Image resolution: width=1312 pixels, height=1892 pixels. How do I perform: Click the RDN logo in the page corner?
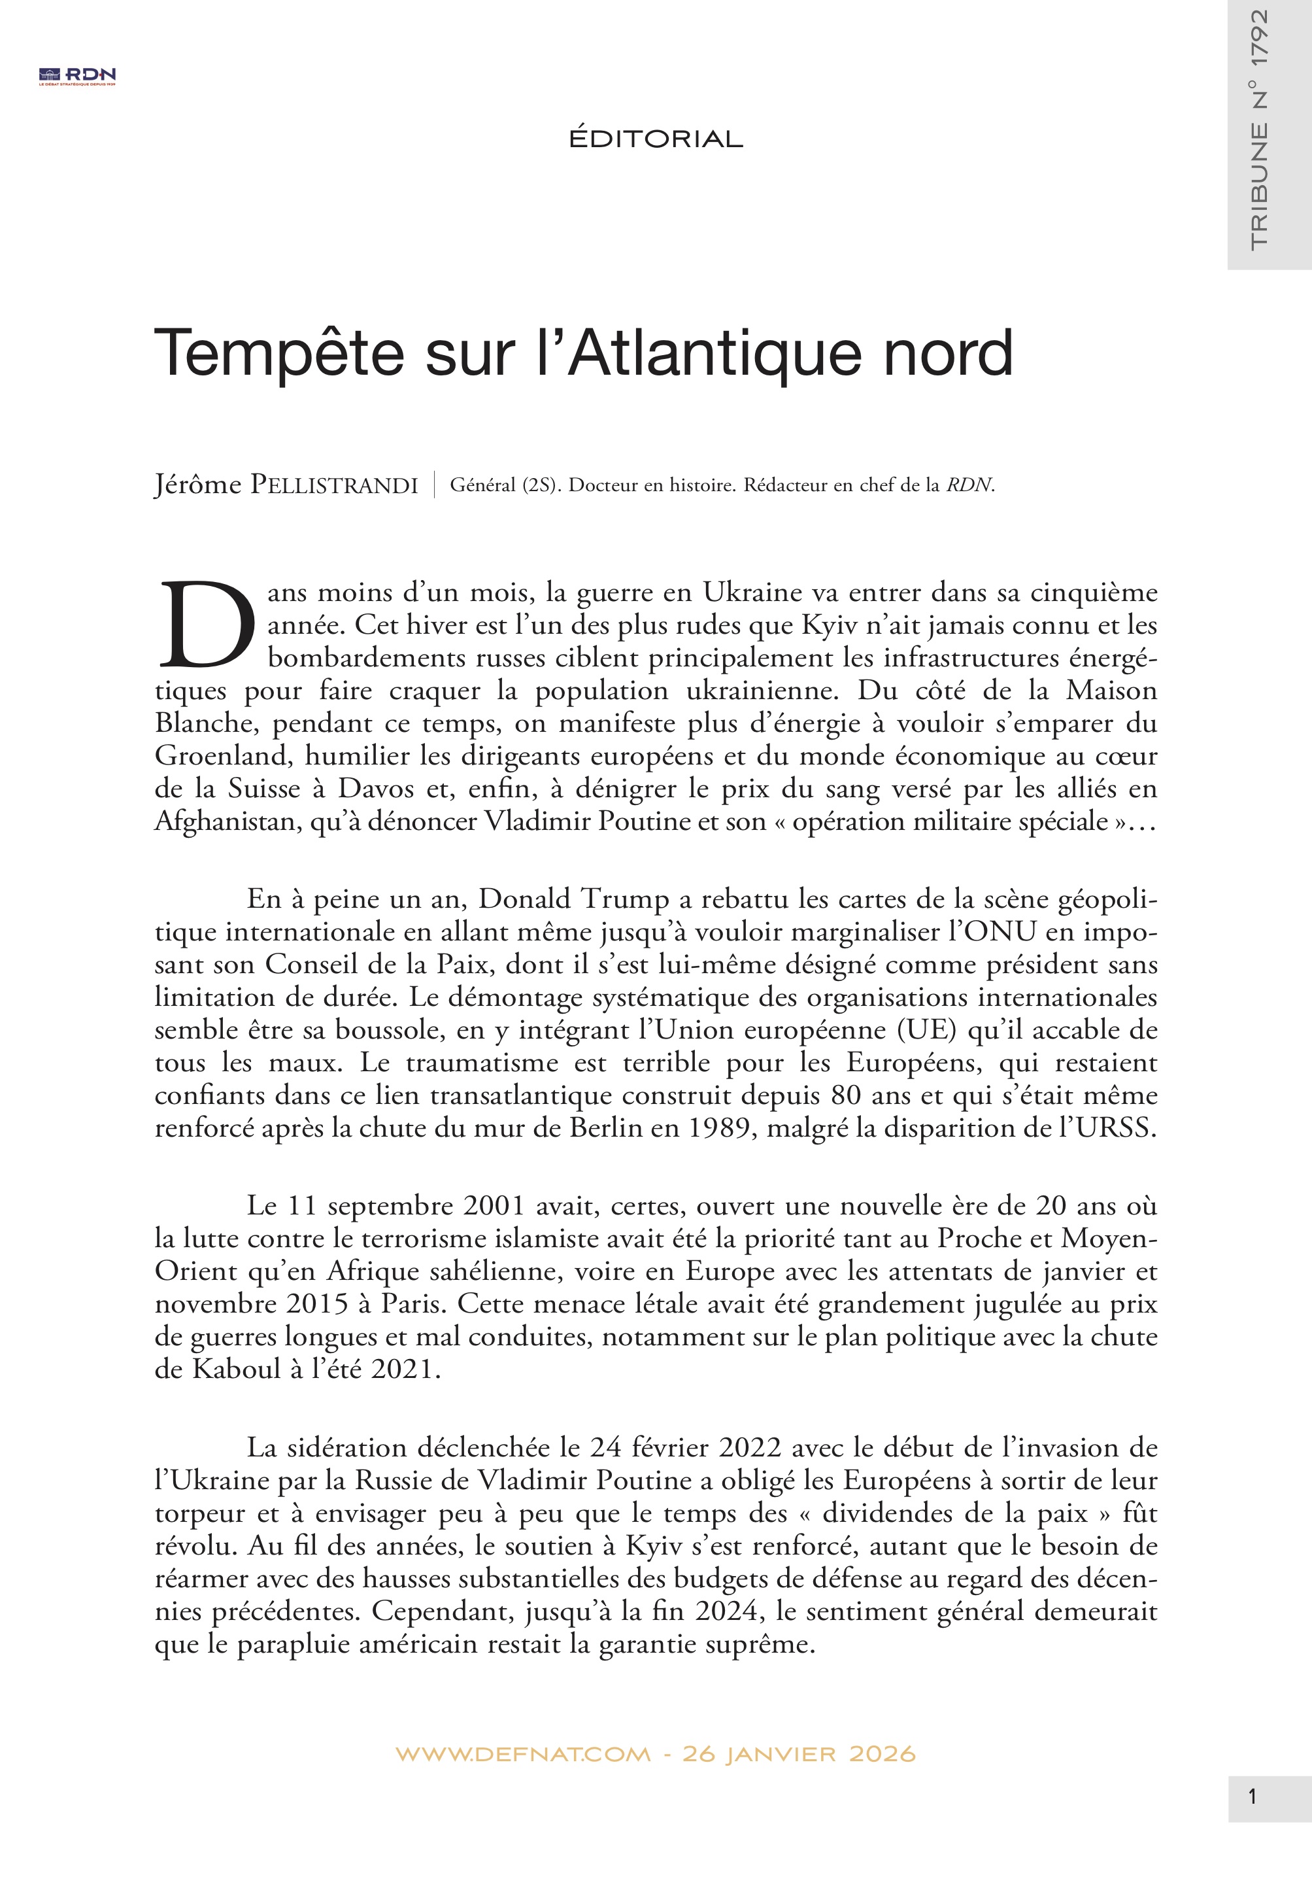[x=77, y=76]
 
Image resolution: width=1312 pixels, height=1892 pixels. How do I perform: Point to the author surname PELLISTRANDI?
[x=334, y=486]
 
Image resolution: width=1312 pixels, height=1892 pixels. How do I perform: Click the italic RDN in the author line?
[x=969, y=485]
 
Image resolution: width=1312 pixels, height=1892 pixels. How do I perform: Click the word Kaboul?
[x=237, y=1369]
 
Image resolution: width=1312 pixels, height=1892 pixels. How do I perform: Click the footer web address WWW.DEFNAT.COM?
[x=523, y=1755]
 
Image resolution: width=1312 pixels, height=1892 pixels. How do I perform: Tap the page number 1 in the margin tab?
[x=1252, y=1797]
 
